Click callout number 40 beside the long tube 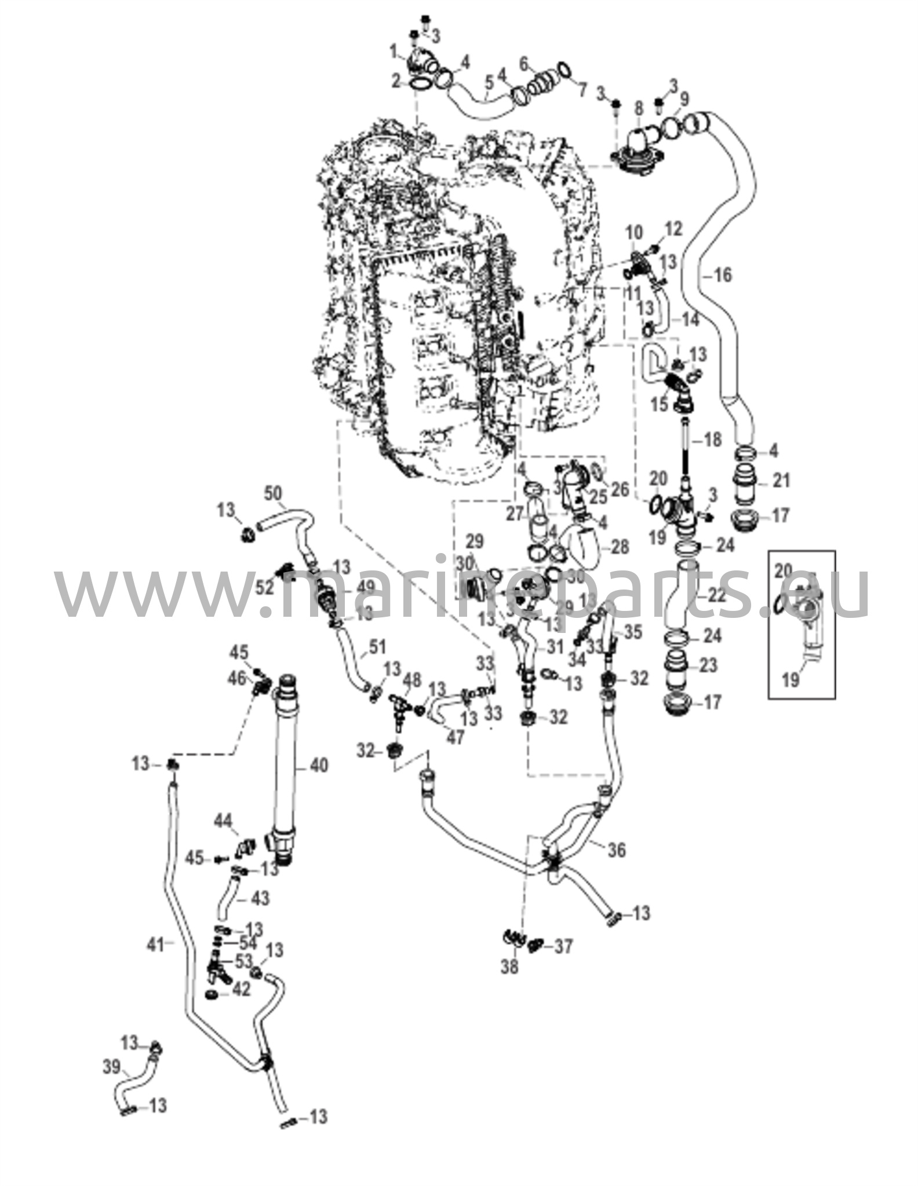tap(319, 766)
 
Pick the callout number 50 tap(274, 494)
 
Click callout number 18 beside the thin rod tap(712, 440)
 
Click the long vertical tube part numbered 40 tap(286, 770)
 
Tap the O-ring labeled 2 tap(421, 85)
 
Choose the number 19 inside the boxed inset tap(790, 679)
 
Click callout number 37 tap(563, 946)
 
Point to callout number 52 tap(265, 587)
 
